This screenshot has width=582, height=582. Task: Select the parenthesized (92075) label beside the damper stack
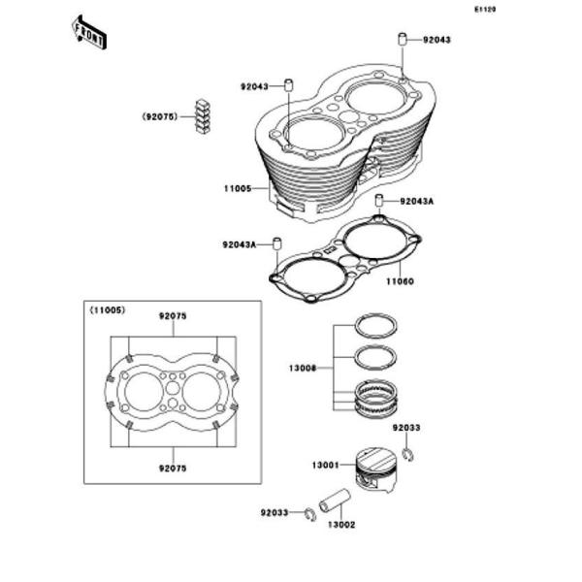coord(159,115)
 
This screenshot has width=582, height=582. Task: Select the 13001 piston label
coord(325,467)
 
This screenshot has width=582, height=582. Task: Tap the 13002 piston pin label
coord(340,525)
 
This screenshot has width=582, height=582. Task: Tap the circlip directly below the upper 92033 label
coord(409,450)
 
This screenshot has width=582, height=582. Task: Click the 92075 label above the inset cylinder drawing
coord(172,315)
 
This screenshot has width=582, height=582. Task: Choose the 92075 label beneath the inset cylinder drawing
coord(172,467)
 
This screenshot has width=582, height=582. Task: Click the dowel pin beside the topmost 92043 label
coord(399,41)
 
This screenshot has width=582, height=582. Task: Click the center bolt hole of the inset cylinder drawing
coord(172,390)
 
